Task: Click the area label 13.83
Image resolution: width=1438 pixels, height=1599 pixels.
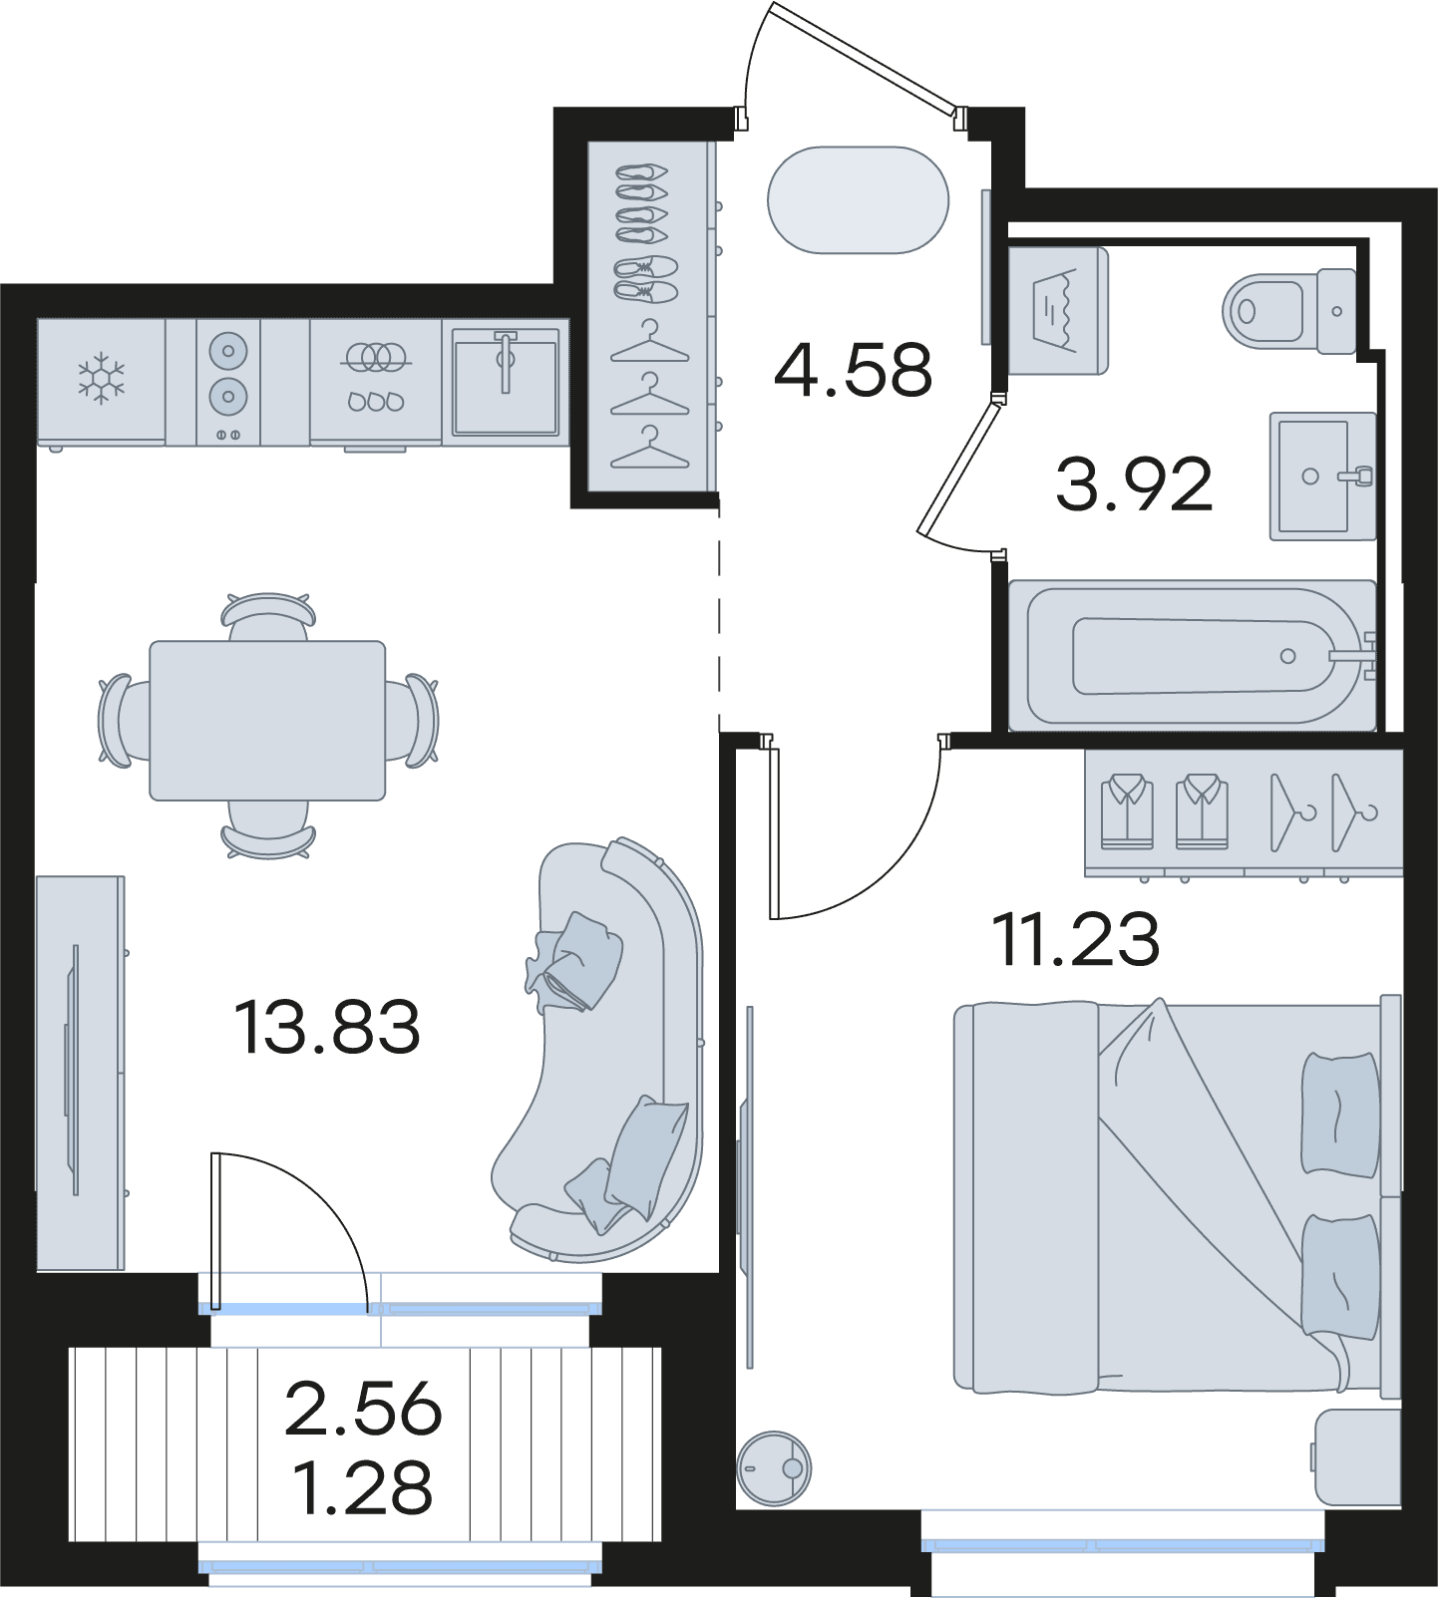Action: pyautogui.click(x=327, y=1028)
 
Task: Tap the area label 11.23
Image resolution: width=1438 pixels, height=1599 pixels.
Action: pyautogui.click(x=1076, y=939)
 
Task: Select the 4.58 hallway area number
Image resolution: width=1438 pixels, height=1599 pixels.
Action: pyautogui.click(x=853, y=369)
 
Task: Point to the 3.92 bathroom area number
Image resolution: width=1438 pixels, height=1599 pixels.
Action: pyautogui.click(x=1134, y=484)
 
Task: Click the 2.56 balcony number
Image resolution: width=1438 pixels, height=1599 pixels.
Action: pyautogui.click(x=363, y=1409)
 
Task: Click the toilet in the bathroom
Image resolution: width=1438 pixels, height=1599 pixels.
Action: pyautogui.click(x=1289, y=311)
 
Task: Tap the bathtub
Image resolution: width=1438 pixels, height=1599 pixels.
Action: pyautogui.click(x=1193, y=655)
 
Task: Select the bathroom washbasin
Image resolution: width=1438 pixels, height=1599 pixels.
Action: pyautogui.click(x=1322, y=477)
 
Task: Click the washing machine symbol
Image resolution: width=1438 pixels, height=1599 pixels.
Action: pyautogui.click(x=1058, y=311)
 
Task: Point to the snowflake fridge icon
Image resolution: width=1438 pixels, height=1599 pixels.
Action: pyautogui.click(x=102, y=378)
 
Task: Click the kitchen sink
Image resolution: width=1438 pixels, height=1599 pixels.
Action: pyautogui.click(x=506, y=382)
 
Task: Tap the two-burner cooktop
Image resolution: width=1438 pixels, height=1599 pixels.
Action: pyautogui.click(x=228, y=382)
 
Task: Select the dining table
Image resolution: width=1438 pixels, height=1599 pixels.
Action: pyautogui.click(x=267, y=721)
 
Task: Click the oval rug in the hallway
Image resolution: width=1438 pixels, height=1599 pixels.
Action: pyautogui.click(x=858, y=200)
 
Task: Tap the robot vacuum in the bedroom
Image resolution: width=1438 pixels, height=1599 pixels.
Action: pyautogui.click(x=773, y=1467)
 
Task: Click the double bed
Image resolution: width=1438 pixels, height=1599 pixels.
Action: pyautogui.click(x=1178, y=1196)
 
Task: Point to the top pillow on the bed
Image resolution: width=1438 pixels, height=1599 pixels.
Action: pyautogui.click(x=1340, y=1115)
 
